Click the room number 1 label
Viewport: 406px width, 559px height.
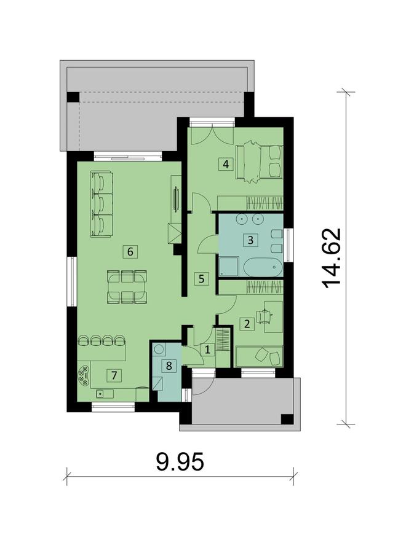pyautogui.click(x=207, y=350)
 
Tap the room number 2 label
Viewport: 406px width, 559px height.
pyautogui.click(x=247, y=324)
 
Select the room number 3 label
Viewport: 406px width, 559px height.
pyautogui.click(x=250, y=240)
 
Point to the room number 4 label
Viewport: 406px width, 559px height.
pyautogui.click(x=226, y=164)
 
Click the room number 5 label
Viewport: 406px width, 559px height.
pyautogui.click(x=201, y=278)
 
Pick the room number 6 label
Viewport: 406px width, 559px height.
pyautogui.click(x=129, y=251)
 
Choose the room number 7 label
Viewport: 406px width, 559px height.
pyautogui.click(x=112, y=373)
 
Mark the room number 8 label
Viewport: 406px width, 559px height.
pyautogui.click(x=169, y=365)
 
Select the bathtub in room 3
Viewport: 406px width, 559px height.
pyautogui.click(x=263, y=268)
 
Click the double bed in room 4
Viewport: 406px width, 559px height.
pyautogui.click(x=258, y=162)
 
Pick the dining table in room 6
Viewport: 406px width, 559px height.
pyautogui.click(x=127, y=287)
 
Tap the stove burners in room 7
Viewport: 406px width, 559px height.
pyautogui.click(x=83, y=374)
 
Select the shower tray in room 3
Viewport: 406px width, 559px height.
pyautogui.click(x=229, y=267)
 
